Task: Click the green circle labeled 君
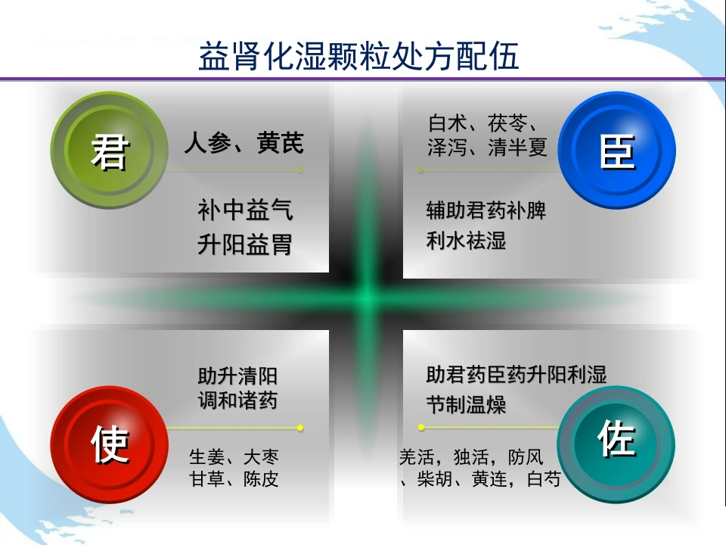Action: pos(109,150)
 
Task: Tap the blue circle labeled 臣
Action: pos(616,150)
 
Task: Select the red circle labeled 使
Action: pos(109,444)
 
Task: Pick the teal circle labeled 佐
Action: pos(616,444)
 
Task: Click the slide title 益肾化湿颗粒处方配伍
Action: pos(358,55)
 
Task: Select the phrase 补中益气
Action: pos(245,210)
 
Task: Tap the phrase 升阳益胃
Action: pos(245,244)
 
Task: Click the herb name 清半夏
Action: pos(517,148)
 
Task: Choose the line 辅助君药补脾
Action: pos(486,210)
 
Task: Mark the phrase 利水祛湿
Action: pos(466,241)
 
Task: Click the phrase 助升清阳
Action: pos(237,376)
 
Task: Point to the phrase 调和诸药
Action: pos(237,400)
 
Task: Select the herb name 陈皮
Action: pos(261,478)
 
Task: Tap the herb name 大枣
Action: pos(261,457)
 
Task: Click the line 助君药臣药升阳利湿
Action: pos(517,375)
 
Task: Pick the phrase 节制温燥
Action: pos(466,404)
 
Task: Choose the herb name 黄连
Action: pos(489,478)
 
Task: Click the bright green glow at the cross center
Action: pos(368,297)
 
